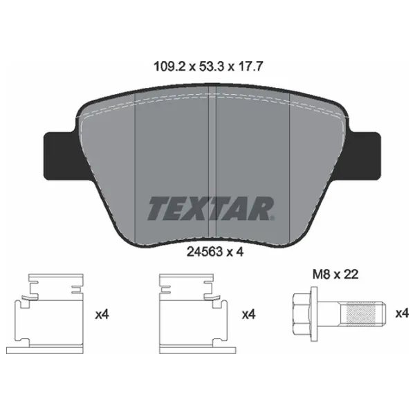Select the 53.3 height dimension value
click(x=210, y=66)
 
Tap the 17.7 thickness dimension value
click(x=250, y=66)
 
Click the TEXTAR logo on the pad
click(x=210, y=209)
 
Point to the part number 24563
click(x=204, y=252)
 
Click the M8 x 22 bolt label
click(x=335, y=274)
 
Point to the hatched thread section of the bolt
click(x=361, y=314)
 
